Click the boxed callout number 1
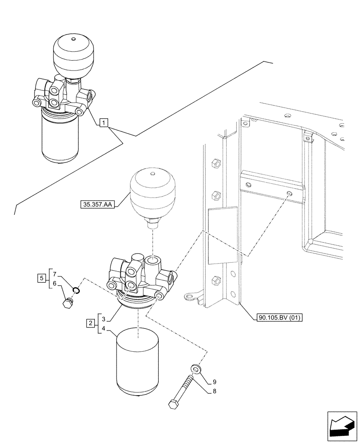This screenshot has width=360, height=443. [x=103, y=123]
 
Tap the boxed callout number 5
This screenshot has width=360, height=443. [x=41, y=278]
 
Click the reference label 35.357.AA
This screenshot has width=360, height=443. [x=97, y=205]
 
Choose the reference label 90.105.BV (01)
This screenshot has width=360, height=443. [x=279, y=318]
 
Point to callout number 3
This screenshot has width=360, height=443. [x=103, y=319]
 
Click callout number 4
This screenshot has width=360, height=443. [x=103, y=329]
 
